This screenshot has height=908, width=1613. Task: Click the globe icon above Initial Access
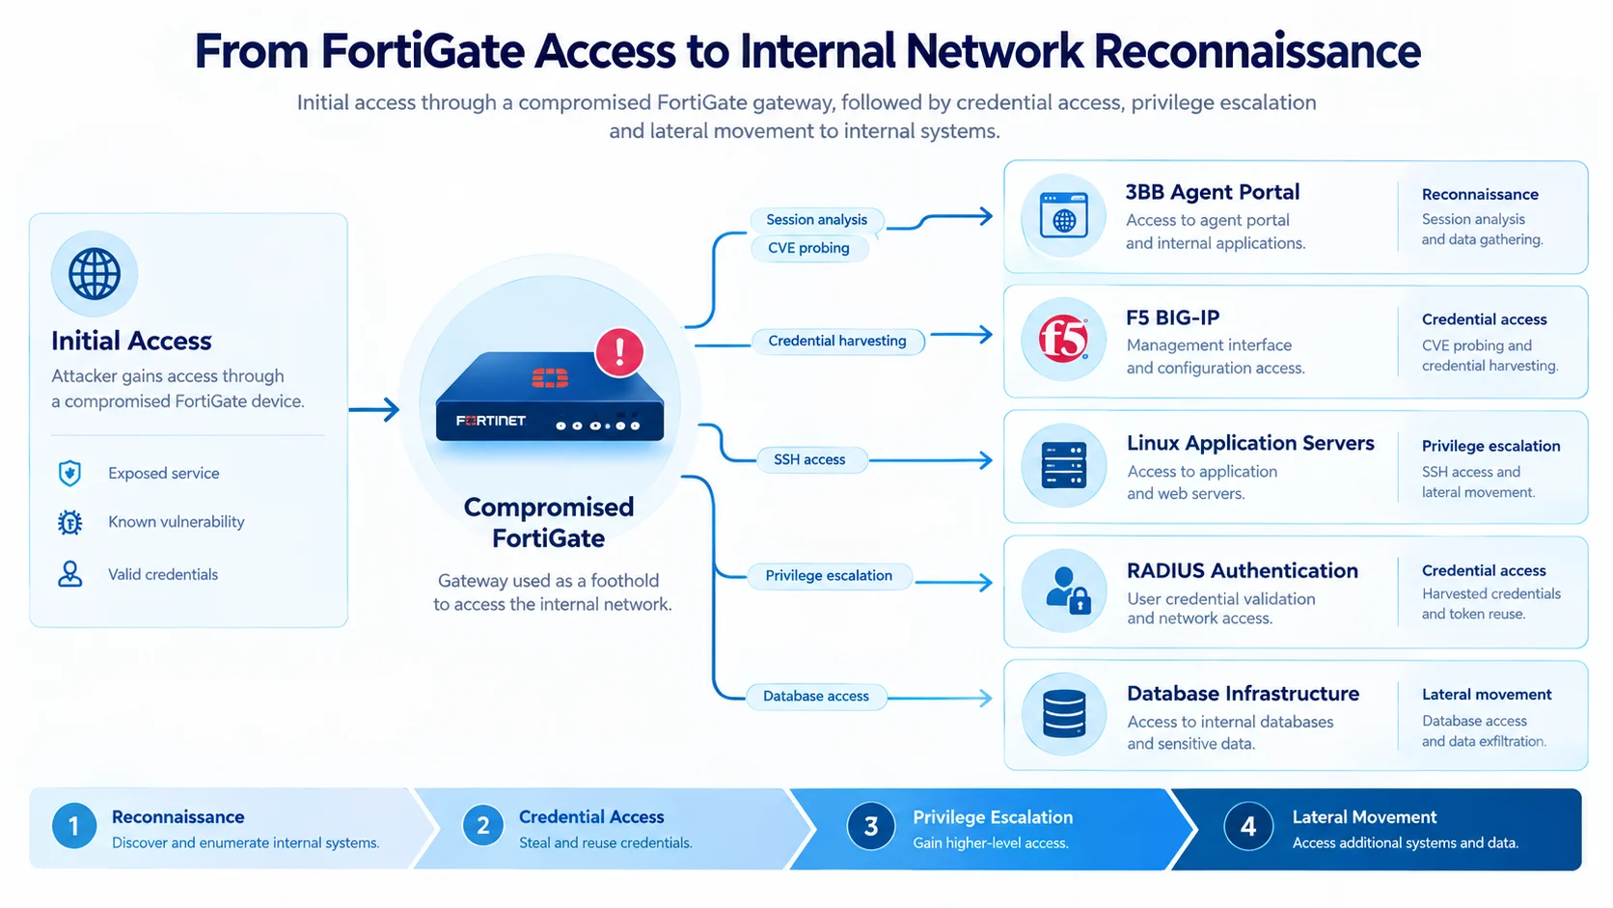tap(95, 274)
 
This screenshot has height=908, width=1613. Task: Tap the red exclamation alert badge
tap(619, 352)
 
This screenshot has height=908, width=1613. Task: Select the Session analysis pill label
tap(816, 220)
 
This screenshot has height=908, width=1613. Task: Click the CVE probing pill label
tap(808, 248)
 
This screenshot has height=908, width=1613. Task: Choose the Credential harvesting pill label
tap(837, 341)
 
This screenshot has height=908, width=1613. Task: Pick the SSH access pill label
tap(810, 459)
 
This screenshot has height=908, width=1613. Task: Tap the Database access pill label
tap(816, 697)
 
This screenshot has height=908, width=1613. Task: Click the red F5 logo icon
tap(1063, 339)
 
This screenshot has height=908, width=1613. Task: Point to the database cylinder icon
tap(1063, 714)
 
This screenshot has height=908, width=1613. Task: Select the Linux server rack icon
tap(1063, 464)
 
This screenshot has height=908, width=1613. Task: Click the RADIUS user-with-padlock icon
tap(1067, 591)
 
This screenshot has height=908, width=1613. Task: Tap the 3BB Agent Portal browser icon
tap(1063, 215)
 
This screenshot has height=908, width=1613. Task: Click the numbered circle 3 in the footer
tap(870, 826)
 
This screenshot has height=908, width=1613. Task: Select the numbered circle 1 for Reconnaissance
tap(74, 826)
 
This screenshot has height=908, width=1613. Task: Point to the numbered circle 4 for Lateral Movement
tap(1248, 826)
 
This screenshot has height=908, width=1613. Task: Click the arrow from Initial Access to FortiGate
tap(373, 410)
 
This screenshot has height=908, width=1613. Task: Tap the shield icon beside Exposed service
tap(69, 473)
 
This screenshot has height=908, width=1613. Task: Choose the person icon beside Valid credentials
tap(69, 574)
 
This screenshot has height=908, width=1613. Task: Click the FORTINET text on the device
tap(491, 421)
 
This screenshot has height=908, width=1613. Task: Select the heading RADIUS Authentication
tap(1243, 570)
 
